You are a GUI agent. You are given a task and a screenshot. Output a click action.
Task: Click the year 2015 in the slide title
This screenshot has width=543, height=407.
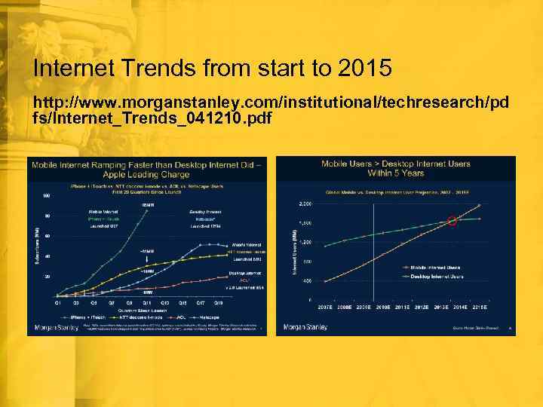tap(365, 69)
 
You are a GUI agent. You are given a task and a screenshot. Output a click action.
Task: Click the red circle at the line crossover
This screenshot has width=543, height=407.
tap(452, 221)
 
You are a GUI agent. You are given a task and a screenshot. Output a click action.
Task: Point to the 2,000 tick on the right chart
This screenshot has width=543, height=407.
tap(305, 204)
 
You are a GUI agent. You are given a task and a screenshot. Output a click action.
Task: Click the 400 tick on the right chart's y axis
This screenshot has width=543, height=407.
tap(307, 280)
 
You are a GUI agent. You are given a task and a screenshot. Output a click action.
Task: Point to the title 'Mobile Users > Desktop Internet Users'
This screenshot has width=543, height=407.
tap(396, 168)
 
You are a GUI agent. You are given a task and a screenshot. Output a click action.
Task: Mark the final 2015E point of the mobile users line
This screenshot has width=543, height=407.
tap(479, 205)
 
